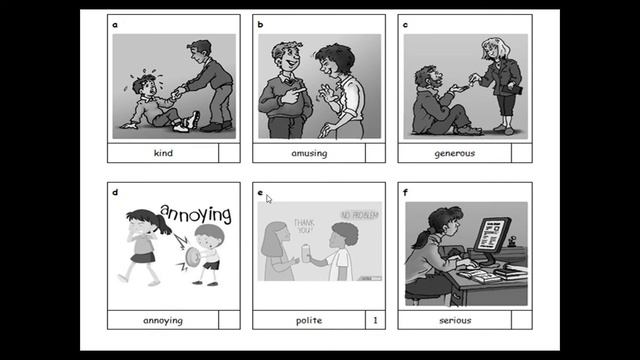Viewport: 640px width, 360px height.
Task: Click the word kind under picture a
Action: pos(163,153)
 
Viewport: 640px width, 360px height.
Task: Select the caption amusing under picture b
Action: pos(308,153)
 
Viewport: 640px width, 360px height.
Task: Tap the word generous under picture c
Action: pos(454,153)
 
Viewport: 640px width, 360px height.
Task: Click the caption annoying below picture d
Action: pos(163,320)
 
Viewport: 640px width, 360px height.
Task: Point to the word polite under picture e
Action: pos(308,320)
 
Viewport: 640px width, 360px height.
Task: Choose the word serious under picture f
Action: pos(454,320)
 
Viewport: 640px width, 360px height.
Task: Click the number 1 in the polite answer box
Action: pos(375,320)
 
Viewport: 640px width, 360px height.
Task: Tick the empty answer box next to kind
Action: pos(229,153)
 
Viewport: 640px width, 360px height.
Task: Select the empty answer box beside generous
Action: pos(520,153)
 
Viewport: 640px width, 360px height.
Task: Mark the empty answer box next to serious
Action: pos(520,320)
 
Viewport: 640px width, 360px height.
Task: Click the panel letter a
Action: pos(116,24)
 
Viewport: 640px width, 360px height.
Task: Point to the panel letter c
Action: pos(404,24)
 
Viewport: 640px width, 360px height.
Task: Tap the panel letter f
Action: pos(404,191)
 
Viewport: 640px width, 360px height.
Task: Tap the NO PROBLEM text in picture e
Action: pos(360,215)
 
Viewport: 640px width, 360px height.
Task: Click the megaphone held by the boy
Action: pos(191,257)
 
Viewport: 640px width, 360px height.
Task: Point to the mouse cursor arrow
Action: pos(268,198)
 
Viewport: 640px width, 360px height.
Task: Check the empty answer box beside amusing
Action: pos(375,153)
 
